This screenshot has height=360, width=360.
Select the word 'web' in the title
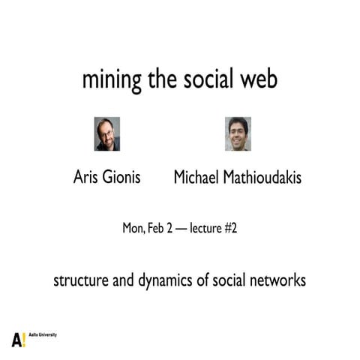(259, 79)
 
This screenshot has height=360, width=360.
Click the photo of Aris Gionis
(107, 134)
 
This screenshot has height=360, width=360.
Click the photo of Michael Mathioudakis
(238, 134)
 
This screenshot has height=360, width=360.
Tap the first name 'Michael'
(198, 178)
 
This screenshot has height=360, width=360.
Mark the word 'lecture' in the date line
(206, 228)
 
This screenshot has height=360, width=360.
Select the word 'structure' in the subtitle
(78, 282)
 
